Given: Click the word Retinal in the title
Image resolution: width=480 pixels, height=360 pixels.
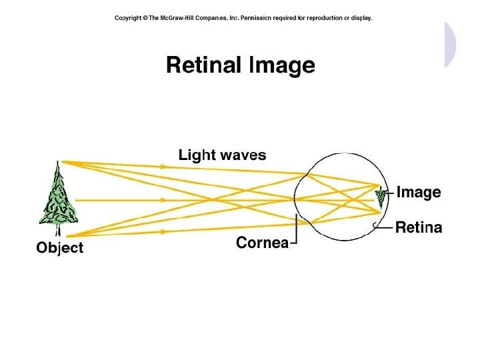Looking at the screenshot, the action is (x=204, y=65).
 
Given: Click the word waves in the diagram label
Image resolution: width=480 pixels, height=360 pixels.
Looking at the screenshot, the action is (x=243, y=156).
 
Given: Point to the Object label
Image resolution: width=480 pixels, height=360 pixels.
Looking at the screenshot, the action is (x=60, y=248).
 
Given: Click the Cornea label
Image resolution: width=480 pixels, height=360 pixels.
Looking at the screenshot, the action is (x=262, y=243).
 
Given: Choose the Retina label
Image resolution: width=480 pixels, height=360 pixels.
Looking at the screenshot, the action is (x=419, y=228).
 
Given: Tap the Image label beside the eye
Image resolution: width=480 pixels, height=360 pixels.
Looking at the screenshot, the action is (x=419, y=193).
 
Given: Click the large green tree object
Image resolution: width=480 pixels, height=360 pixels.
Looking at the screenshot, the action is (x=59, y=197).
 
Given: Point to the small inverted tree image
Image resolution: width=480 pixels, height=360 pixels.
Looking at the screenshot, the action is (x=381, y=196).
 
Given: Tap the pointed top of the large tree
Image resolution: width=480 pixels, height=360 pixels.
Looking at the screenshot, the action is (x=59, y=163).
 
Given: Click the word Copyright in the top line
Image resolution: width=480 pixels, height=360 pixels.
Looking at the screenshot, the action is (x=127, y=18).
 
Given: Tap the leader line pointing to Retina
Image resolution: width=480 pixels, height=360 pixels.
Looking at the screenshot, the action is (x=384, y=227).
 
